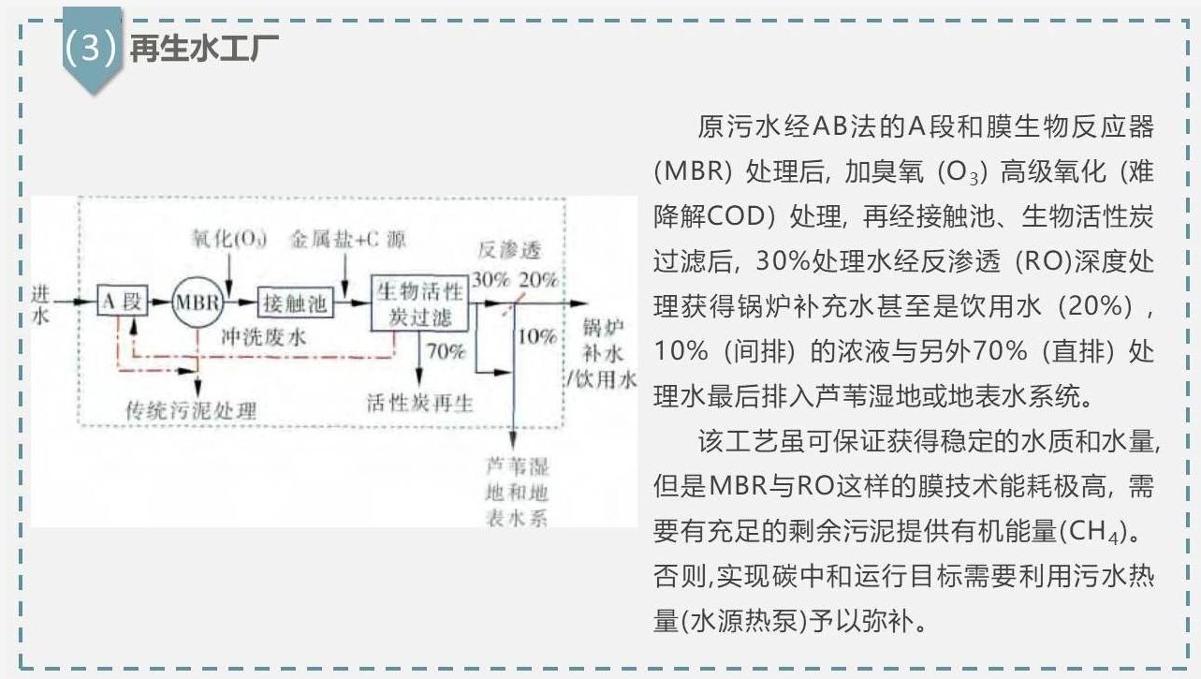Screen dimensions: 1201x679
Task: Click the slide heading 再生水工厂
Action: tap(204, 50)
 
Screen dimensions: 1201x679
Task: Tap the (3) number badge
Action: tap(90, 47)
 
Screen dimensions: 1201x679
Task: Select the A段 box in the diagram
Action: tap(123, 301)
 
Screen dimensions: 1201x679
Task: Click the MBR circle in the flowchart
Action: tap(198, 303)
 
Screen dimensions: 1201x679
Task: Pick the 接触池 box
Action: tap(296, 303)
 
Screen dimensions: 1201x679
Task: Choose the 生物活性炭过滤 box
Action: tap(419, 303)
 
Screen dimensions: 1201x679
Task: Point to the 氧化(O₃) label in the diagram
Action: tap(229, 238)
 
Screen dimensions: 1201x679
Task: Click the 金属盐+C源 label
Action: tap(348, 239)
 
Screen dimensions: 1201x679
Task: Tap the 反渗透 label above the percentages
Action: tap(510, 250)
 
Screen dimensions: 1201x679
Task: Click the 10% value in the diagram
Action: tap(537, 336)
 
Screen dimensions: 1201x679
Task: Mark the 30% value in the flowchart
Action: tap(491, 279)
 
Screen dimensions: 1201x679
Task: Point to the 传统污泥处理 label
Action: tap(191, 411)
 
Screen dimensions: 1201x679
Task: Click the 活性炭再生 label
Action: tap(419, 403)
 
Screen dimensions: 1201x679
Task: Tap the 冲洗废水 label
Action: tap(264, 337)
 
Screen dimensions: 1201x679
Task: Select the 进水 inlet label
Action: tap(41, 304)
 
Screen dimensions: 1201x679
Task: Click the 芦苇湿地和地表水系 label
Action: tap(517, 493)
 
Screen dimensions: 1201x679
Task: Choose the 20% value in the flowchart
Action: tap(538, 279)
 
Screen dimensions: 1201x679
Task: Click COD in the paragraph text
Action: tap(736, 216)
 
